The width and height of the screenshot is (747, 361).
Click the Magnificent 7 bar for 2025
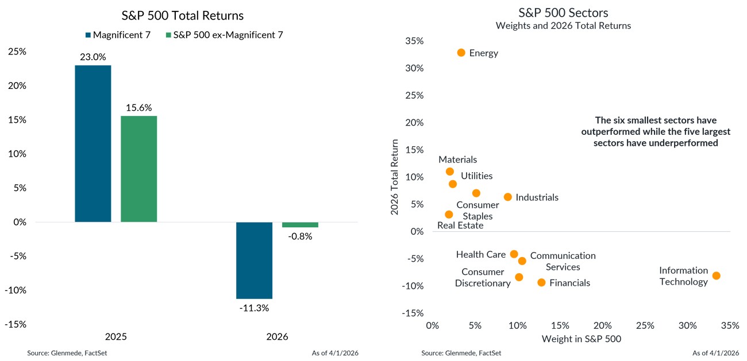pos(93,143)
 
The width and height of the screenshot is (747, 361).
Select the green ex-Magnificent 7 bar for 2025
pos(139,169)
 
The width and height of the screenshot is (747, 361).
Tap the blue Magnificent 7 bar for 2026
pos(254,260)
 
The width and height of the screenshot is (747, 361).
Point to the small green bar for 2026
pos(300,225)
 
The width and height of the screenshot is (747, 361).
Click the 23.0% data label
pos(93,57)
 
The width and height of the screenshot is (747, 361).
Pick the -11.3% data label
pos(254,308)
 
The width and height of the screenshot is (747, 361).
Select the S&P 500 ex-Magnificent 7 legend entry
pos(224,35)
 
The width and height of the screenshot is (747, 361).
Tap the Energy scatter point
pos(461,53)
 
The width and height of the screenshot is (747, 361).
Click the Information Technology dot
pos(716,275)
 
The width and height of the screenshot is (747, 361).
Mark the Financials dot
pos(541,282)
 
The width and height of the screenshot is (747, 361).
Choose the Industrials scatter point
pos(508,197)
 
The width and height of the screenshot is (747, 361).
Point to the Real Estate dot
pos(449,215)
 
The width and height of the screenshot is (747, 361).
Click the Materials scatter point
pos(449,172)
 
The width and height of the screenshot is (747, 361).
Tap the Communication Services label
pos(563,261)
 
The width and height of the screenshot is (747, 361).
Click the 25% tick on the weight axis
pos(645,325)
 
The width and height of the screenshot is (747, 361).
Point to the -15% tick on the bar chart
pos(17,324)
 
